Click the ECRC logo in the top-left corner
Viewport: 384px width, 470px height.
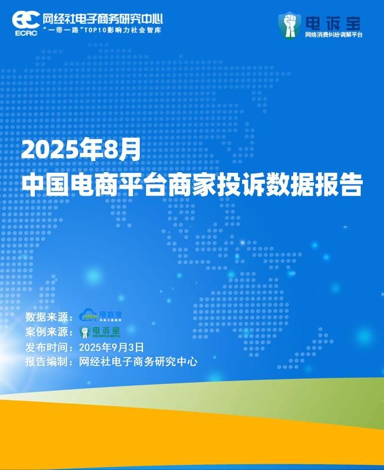[x=25, y=23]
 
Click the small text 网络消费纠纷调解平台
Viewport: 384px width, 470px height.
[x=333, y=35]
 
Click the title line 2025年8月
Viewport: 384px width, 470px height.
[x=81, y=150]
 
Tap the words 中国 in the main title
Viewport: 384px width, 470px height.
[x=45, y=183]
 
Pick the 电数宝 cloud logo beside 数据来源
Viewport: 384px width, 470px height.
[x=100, y=316]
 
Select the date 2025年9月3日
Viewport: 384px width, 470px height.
[x=111, y=347]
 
